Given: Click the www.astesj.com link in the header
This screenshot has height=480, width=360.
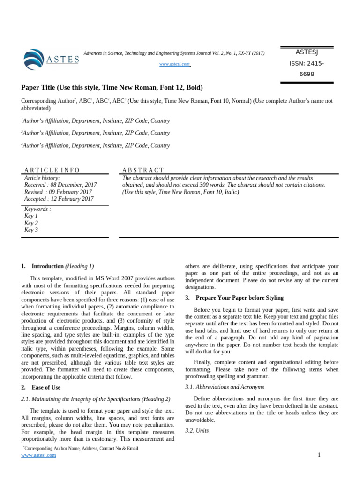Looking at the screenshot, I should [x=175, y=64].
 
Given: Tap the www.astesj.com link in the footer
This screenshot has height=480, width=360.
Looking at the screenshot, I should [x=38, y=455].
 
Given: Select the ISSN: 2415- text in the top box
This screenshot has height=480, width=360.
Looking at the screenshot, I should [x=307, y=63].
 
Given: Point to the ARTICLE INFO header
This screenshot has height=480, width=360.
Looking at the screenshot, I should [x=52, y=170].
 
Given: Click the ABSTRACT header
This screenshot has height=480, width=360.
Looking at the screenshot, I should [x=143, y=170].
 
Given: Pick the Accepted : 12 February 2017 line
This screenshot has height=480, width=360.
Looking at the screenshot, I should [x=59, y=199].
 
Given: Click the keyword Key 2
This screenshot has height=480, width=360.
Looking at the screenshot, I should [x=31, y=223].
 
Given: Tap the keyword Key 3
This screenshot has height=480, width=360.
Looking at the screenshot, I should [x=31, y=230].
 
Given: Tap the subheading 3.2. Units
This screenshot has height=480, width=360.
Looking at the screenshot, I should [x=197, y=430].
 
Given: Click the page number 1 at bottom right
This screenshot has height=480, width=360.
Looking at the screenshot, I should [x=319, y=455].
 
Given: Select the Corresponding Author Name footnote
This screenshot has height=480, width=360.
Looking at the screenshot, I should [x=81, y=448].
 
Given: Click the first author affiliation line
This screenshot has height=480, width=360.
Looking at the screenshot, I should [x=96, y=121].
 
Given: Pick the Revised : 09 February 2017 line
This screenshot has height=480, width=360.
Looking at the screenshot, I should [x=58, y=192].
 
